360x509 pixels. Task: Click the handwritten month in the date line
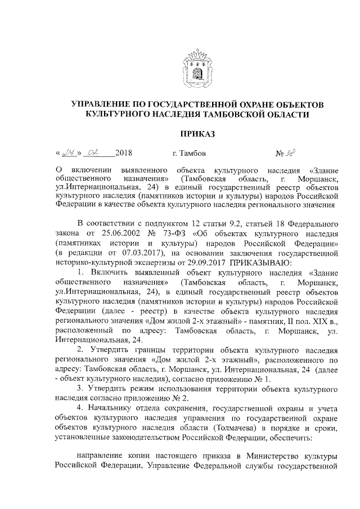point(96,152)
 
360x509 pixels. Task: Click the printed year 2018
point(123,153)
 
